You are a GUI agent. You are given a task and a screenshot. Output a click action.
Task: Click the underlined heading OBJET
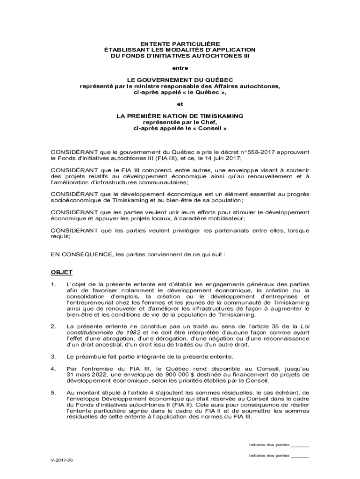pyautogui.click(x=61, y=272)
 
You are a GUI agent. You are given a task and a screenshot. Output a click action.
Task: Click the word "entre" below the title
pyautogui.click(x=180, y=68)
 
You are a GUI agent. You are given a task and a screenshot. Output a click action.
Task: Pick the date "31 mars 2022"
pyautogui.click(x=86, y=374)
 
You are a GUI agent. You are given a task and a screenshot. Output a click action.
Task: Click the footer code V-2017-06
pyautogui.click(x=62, y=460)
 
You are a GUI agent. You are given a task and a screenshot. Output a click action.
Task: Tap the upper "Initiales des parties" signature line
pyautogui.click(x=299, y=445)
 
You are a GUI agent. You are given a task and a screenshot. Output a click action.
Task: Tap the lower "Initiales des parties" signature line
pyautogui.click(x=299, y=455)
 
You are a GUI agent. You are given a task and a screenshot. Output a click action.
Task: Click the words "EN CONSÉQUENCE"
pyautogui.click(x=80, y=255)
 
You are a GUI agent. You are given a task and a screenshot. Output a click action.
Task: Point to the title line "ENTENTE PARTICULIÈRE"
pyautogui.click(x=180, y=44)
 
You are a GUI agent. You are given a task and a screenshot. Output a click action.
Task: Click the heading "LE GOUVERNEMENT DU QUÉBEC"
pyautogui.click(x=180, y=80)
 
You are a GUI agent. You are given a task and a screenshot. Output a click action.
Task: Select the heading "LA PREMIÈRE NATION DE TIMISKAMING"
pyautogui.click(x=180, y=116)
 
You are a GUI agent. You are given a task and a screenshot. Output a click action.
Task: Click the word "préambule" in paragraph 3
pyautogui.click(x=90, y=357)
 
